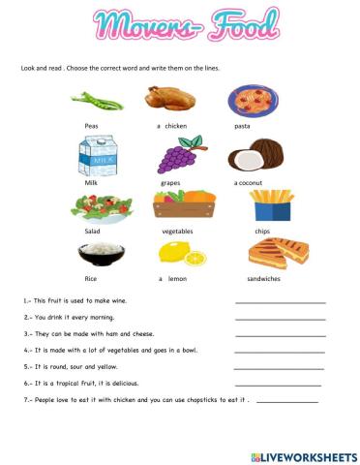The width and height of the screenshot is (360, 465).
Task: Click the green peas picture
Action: [x=101, y=100]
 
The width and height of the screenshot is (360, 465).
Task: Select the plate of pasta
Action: [x=254, y=100]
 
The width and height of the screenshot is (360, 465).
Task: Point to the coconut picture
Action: [x=255, y=154]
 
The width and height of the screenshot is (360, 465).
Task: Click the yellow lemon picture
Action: [x=183, y=256]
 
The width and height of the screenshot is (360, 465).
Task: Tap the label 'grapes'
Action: [x=171, y=181]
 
